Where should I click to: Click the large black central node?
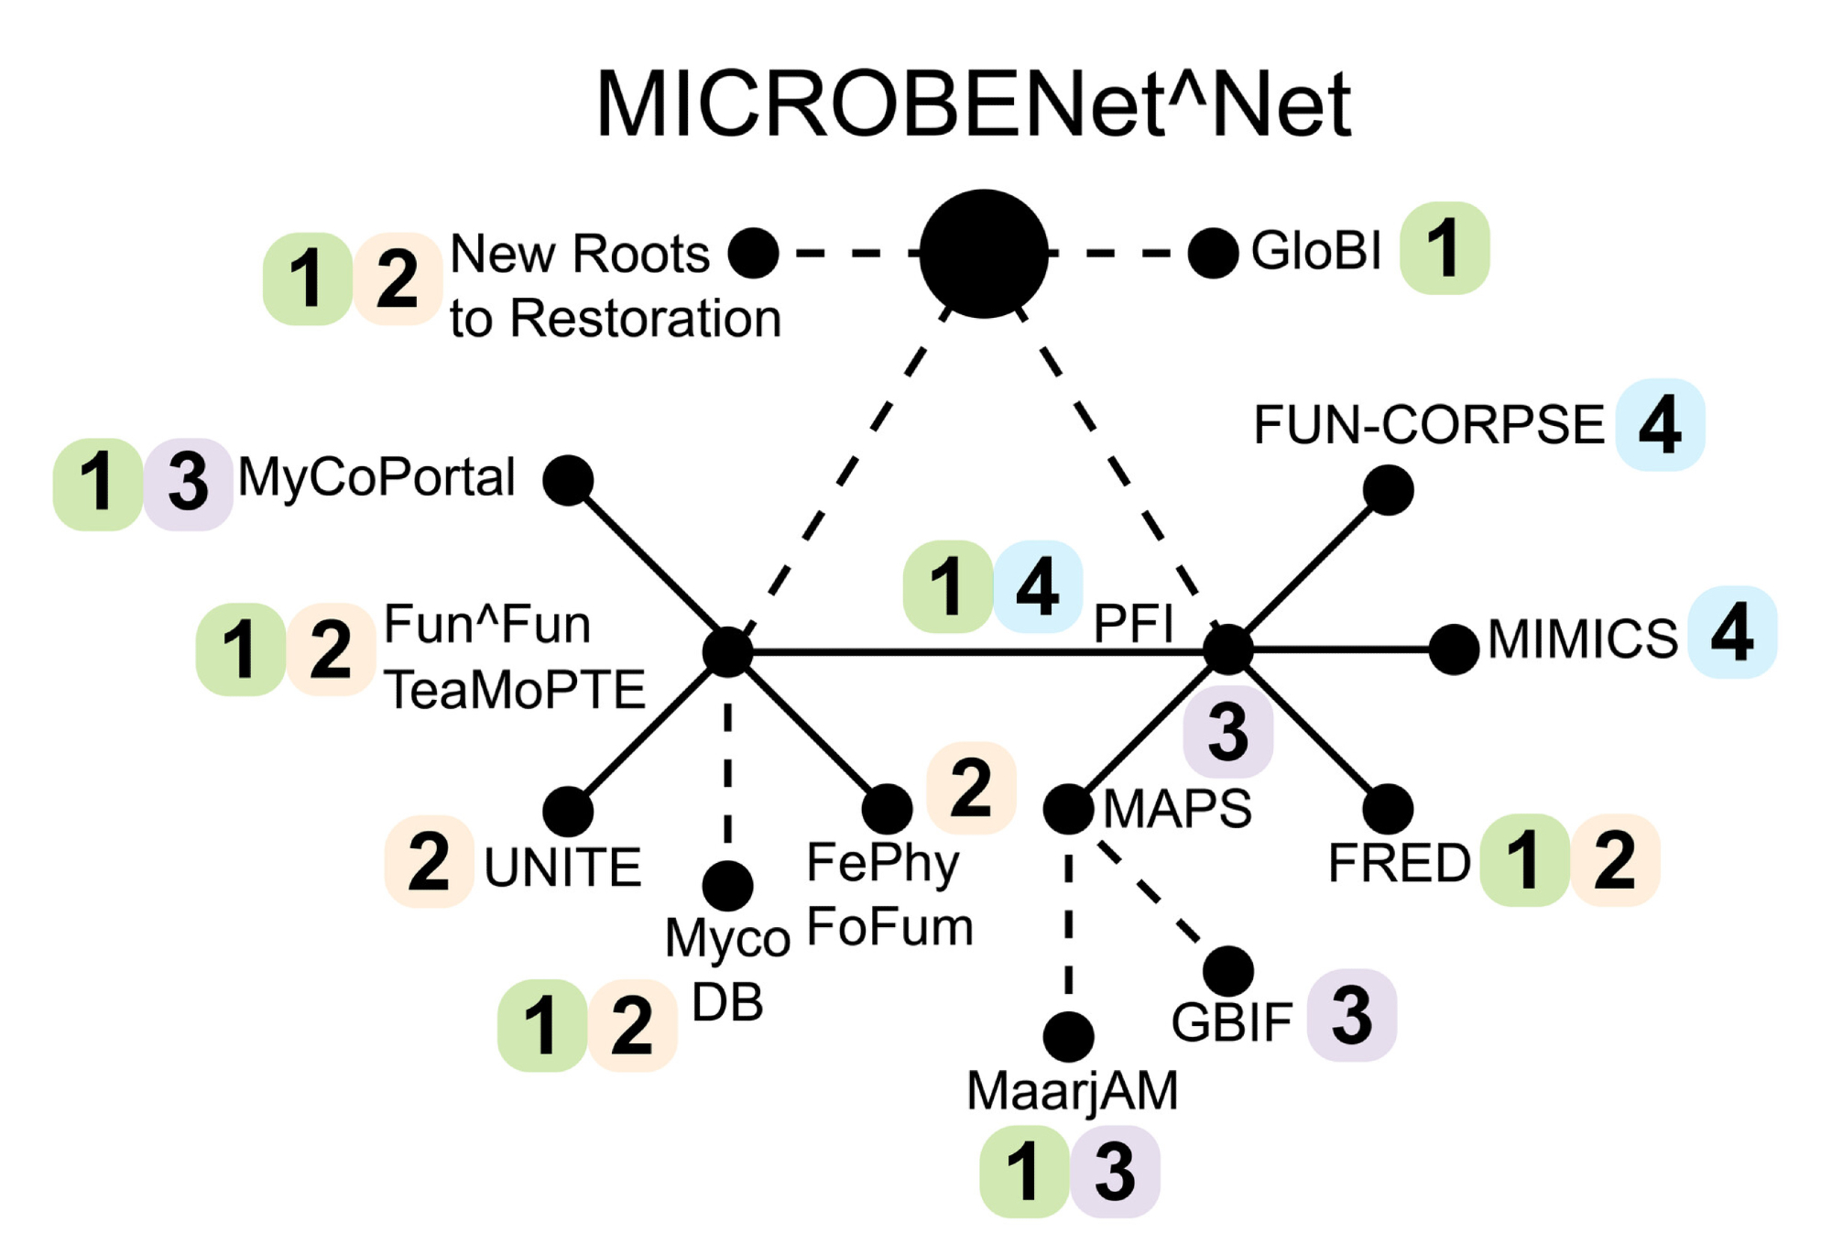coord(983,254)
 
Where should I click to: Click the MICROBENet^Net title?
coord(973,104)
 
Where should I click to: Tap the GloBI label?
coord(1315,250)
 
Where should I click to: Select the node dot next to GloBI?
coord(1213,253)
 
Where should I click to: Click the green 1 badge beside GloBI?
coord(1444,248)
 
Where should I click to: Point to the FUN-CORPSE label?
coord(1428,425)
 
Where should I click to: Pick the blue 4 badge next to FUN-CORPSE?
coord(1659,425)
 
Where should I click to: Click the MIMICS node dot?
coord(1453,649)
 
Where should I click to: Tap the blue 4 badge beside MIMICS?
coord(1731,632)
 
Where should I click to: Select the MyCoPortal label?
coord(376,477)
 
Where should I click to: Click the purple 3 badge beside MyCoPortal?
coord(188,483)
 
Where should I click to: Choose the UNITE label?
coord(562,868)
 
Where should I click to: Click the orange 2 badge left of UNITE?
coord(429,861)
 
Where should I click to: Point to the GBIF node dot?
coord(1227,971)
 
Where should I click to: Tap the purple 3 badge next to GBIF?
coord(1351,1015)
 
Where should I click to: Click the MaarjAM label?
coord(1072,1091)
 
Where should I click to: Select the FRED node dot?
coord(1388,810)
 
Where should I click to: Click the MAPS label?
coord(1177,809)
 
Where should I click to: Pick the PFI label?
coord(1133,625)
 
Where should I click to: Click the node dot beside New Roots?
coord(753,253)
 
